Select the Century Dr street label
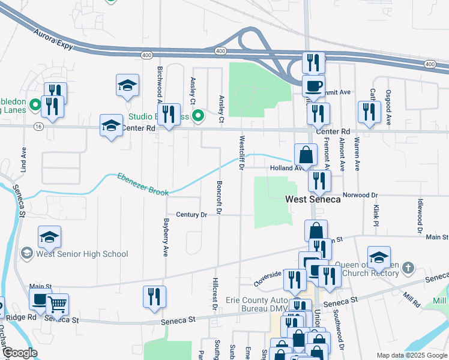pos(191,215)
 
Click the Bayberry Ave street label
pos(166,238)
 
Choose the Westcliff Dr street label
pos(241,153)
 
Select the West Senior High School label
pos(82,254)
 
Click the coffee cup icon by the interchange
pos(313,86)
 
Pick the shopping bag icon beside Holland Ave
pos(306,154)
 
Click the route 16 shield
pos(38,127)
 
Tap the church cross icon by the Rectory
pos(408,267)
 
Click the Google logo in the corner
pos(19,353)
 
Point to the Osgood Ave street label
pos(389,107)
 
